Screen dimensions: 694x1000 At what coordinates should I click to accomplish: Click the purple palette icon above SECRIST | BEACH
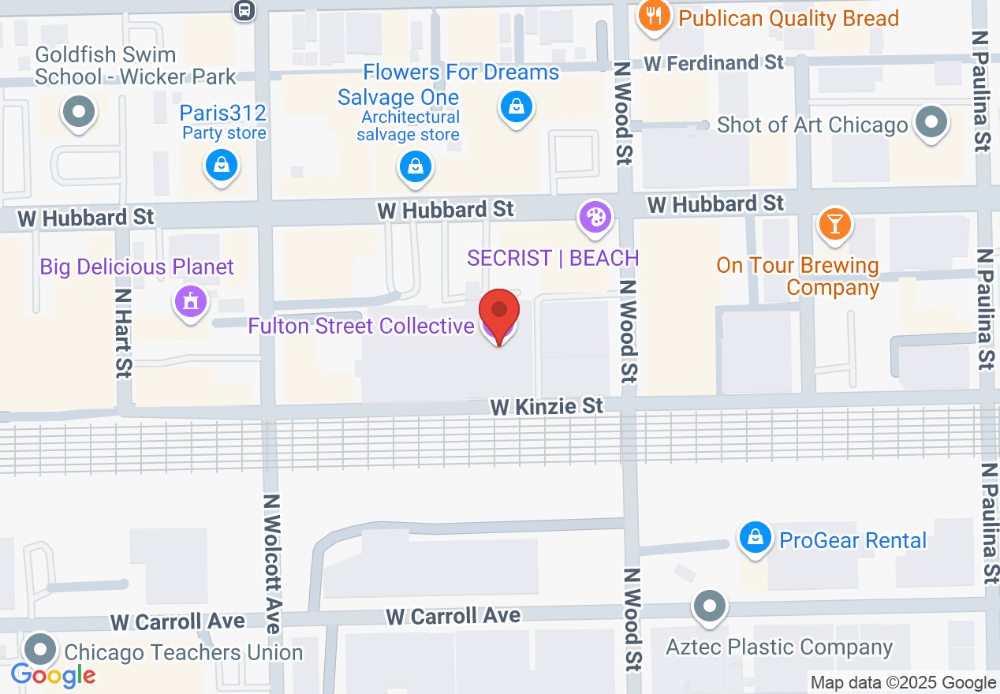595,217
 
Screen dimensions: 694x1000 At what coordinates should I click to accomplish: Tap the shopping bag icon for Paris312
222,165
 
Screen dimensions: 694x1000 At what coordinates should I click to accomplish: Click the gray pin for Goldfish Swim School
78,111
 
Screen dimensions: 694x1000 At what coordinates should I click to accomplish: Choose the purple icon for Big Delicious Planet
190,301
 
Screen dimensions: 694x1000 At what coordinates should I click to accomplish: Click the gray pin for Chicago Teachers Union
39,651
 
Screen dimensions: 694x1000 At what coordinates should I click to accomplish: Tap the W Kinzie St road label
547,406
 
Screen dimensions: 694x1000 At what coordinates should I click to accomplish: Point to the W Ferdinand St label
714,63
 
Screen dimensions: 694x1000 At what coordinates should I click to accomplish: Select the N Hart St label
123,332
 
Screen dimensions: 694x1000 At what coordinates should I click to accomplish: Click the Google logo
54,675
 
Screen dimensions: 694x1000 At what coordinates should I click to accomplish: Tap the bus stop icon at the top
244,9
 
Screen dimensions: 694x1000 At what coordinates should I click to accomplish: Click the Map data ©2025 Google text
903,683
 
